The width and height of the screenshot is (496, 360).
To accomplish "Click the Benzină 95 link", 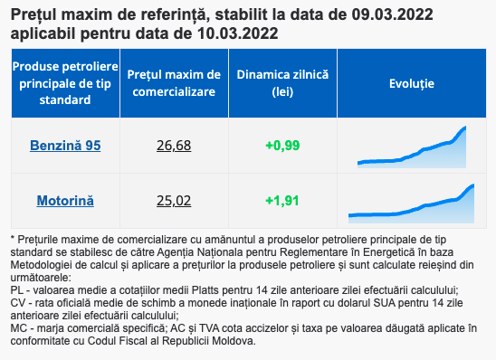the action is pyautogui.click(x=65, y=146).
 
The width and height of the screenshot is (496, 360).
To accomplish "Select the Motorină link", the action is pyautogui.click(x=65, y=201).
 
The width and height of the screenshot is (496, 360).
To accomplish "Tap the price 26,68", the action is pyautogui.click(x=174, y=146).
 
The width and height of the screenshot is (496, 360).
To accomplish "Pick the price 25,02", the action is pyautogui.click(x=174, y=201).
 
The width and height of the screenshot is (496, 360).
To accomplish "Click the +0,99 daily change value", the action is pyautogui.click(x=282, y=146).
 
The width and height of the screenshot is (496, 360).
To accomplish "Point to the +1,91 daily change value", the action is pyautogui.click(x=282, y=201).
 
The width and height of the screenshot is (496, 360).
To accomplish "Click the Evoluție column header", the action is pyautogui.click(x=412, y=83).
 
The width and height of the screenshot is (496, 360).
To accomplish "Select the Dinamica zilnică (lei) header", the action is pyautogui.click(x=282, y=83).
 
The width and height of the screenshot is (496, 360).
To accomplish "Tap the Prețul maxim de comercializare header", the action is pyautogui.click(x=174, y=83).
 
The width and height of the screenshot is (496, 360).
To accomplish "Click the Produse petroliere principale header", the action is pyautogui.click(x=65, y=83).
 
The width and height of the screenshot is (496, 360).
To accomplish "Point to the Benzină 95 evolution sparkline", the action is pyautogui.click(x=412, y=147).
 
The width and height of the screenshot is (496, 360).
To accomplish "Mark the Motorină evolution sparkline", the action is pyautogui.click(x=411, y=204).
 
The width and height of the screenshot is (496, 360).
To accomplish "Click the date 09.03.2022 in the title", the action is pyautogui.click(x=392, y=14).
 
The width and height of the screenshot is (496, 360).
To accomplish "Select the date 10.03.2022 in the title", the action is pyautogui.click(x=237, y=33).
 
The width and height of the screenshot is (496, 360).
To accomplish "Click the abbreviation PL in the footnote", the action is pyautogui.click(x=17, y=290).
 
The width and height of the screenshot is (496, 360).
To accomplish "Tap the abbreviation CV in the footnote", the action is pyautogui.click(x=17, y=303).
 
